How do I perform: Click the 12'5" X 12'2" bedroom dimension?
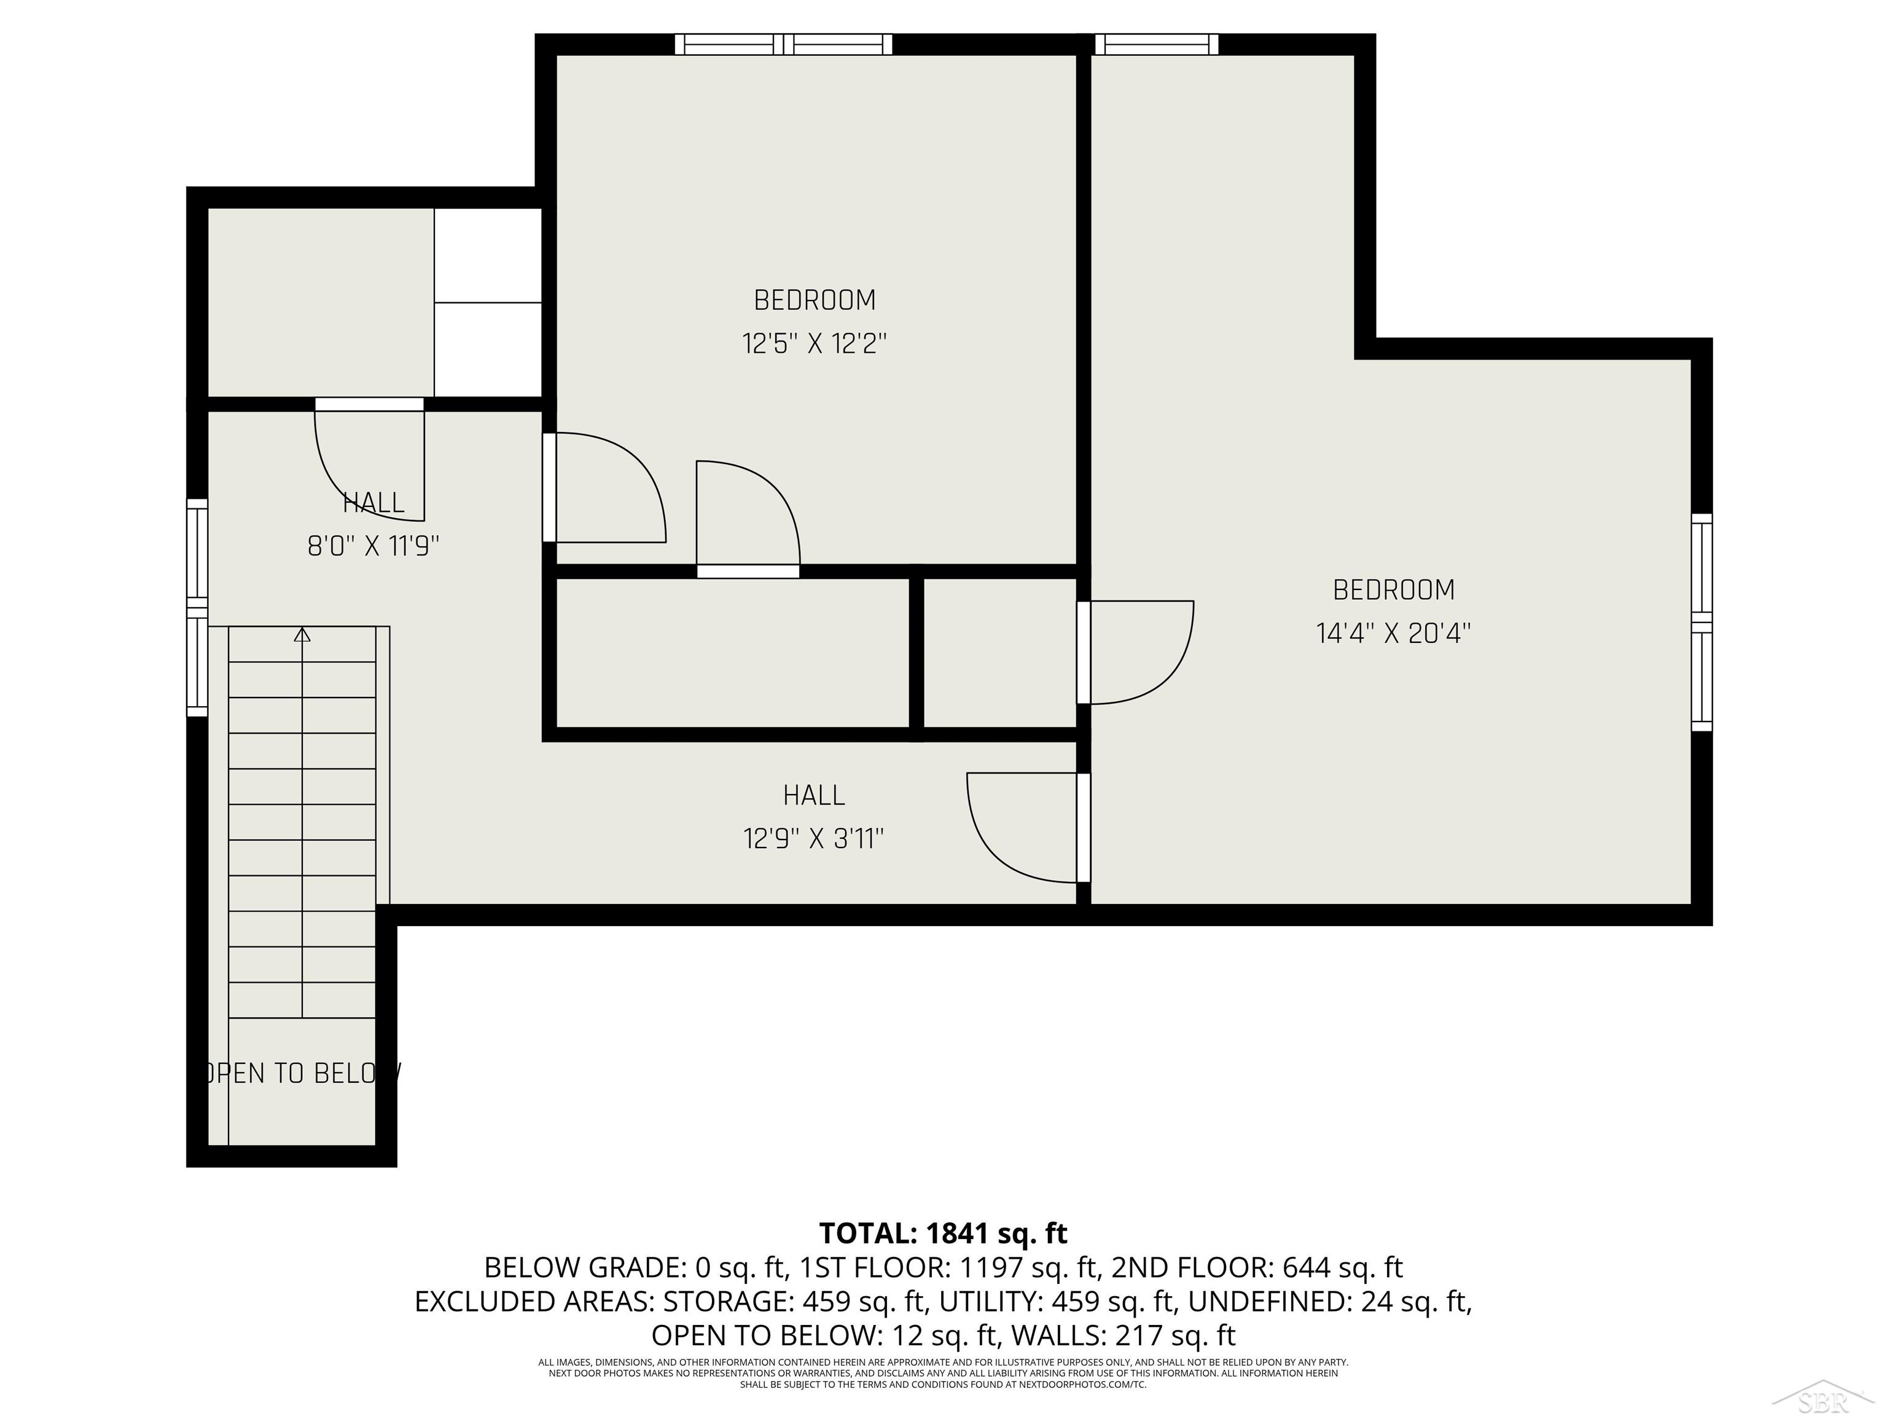click(x=814, y=344)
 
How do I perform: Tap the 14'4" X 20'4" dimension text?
click(x=1393, y=633)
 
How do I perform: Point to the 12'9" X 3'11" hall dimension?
click(x=813, y=839)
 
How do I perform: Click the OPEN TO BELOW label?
click(x=299, y=1073)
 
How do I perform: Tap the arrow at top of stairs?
click(x=302, y=635)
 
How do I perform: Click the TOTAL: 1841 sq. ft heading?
click(x=943, y=1233)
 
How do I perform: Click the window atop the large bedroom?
click(x=1156, y=44)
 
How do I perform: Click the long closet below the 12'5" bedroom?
click(x=732, y=653)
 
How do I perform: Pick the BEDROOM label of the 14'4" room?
click(x=1393, y=590)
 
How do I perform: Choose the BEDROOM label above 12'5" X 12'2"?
click(x=814, y=301)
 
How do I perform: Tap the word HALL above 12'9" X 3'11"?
click(x=813, y=795)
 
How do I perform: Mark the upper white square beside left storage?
click(x=488, y=254)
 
